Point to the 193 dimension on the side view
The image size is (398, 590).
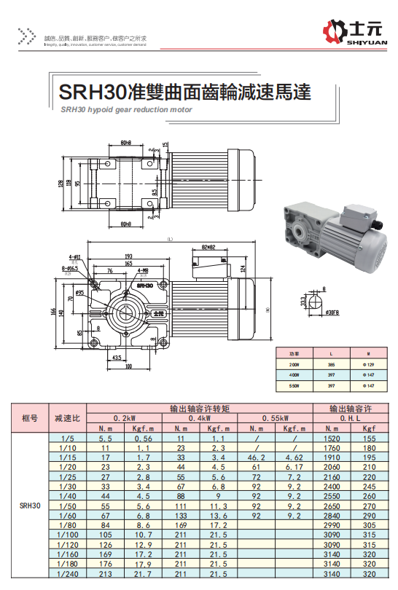tap(128, 256)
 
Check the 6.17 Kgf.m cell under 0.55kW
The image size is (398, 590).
tap(294, 466)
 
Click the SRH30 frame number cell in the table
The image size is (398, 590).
tap(30, 505)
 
